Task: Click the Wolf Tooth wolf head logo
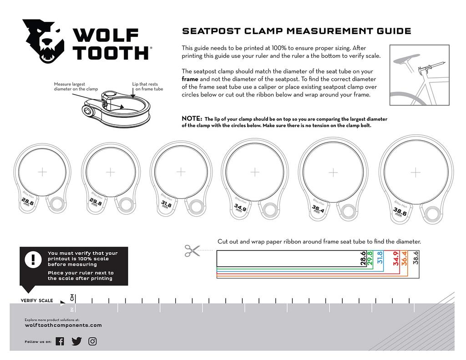coord(44,41)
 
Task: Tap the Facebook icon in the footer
coord(60,341)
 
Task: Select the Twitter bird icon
coord(76,341)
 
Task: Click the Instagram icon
coord(92,341)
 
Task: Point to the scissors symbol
coord(192,250)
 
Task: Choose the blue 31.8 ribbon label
coord(380,259)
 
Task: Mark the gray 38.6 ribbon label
coord(415,259)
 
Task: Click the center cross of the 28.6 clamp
coord(42,172)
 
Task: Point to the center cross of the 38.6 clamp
coord(415,172)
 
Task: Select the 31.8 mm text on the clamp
coord(166,204)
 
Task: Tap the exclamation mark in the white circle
coord(33,260)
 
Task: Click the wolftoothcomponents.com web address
coord(63,325)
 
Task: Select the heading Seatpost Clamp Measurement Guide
coord(296,31)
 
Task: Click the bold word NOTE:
coord(192,119)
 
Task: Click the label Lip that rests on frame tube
coord(147,86)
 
